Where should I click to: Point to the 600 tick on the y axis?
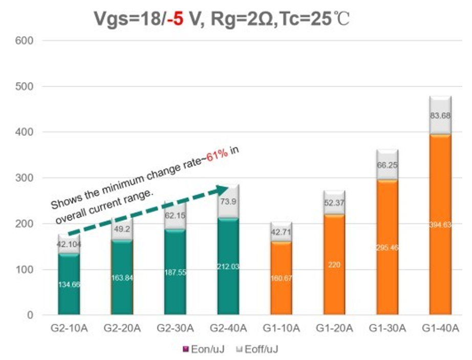[26, 40]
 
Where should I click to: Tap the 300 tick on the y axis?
[26, 178]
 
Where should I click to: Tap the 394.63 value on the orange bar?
[440, 225]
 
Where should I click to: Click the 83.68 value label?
[440, 116]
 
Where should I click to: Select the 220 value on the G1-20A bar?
[334, 265]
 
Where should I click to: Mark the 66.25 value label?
[387, 165]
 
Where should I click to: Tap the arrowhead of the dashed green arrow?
[224, 189]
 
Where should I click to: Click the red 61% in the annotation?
[217, 156]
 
